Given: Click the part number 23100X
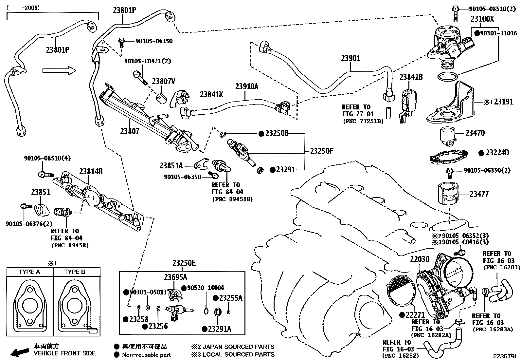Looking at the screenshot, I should coord(482,19).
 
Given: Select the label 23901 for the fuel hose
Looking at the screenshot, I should coord(350,58).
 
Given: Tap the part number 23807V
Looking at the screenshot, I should coord(163,81).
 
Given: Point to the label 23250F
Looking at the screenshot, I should coord(322,151).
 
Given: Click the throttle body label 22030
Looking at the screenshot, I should coord(420,260).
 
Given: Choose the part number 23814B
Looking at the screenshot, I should coord(91,172).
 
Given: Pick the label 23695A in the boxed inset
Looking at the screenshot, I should coord(175,277).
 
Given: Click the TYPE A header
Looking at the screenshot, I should coord(29,272).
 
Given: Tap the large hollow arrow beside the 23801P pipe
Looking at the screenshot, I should coord(59,70).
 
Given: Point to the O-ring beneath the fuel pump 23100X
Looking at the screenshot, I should coord(447,77).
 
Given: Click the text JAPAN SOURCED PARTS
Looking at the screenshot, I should coord(239,347).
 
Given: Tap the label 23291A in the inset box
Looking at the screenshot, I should coord(220,329).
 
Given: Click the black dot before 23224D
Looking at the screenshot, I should coord(481,153).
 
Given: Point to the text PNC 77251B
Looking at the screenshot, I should coord(363,121).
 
